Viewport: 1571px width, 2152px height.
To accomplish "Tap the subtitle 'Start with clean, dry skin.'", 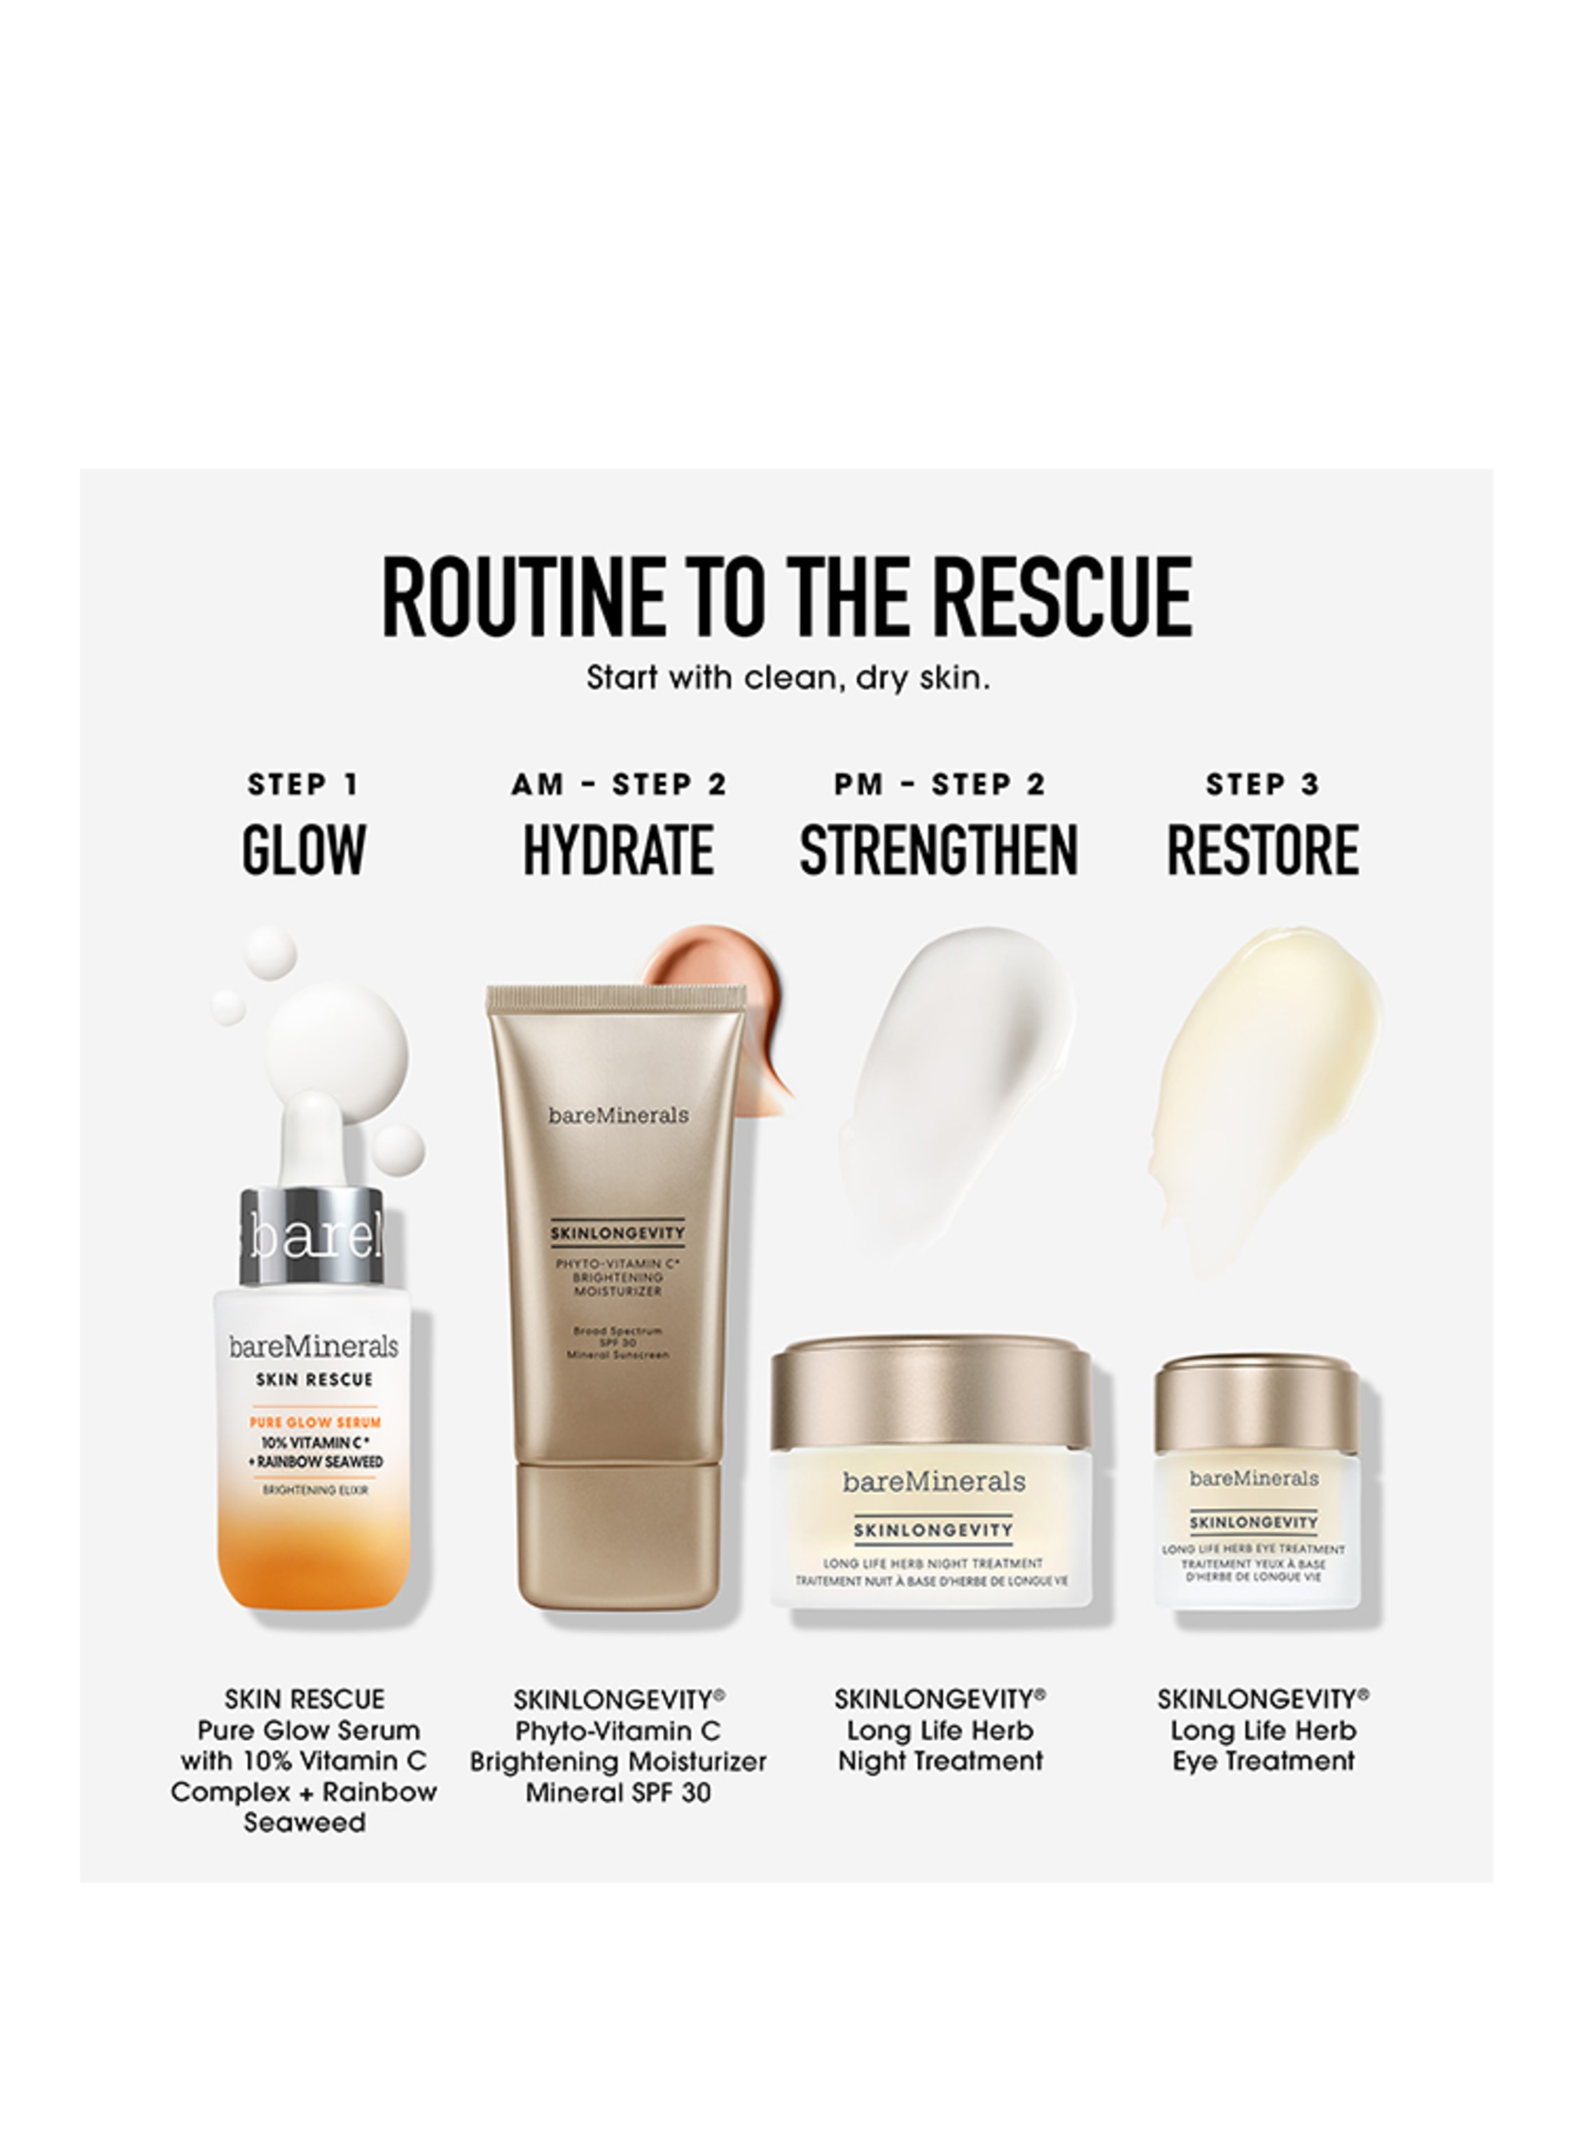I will pos(788,678).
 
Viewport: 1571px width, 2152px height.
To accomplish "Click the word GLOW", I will pos(303,850).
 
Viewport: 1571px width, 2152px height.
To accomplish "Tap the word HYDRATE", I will pos(618,850).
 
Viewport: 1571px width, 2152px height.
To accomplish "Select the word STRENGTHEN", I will pos(940,850).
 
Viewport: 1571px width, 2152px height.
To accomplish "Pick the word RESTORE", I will pos(1263,850).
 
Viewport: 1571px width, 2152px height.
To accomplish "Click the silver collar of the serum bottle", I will pos(312,1236).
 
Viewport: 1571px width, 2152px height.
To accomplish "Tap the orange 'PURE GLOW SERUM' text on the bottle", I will pos(315,1422).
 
